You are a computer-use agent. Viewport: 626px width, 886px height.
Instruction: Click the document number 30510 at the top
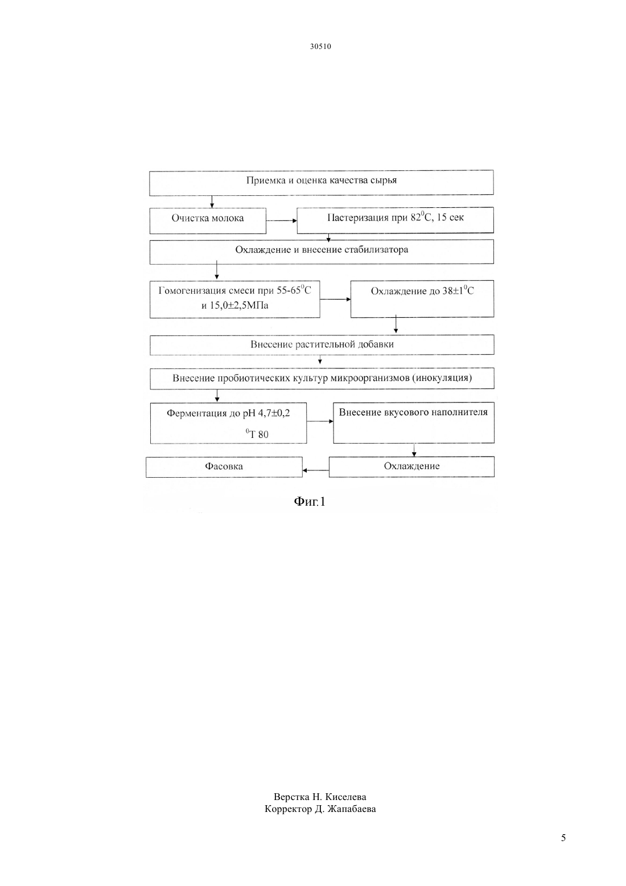pos(320,46)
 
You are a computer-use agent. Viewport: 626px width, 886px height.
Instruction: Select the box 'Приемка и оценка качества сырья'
pos(322,183)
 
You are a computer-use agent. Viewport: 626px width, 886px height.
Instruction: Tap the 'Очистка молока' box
pos(208,221)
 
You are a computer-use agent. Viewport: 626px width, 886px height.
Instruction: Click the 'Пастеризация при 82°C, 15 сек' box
pos(395,220)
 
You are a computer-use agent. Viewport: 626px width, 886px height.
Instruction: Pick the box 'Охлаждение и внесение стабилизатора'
pos(322,252)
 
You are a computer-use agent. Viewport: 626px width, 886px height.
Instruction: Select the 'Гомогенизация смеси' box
pos(234,300)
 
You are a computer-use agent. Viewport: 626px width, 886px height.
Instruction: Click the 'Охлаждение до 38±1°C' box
pos(422,299)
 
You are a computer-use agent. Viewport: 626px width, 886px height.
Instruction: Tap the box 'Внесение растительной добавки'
pos(322,345)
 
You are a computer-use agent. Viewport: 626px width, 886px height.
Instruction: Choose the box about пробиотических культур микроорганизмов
pos(322,379)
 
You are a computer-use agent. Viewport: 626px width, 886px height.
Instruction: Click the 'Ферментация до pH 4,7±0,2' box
pos(228,423)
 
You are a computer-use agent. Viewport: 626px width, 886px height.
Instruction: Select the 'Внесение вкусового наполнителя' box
pos(413,423)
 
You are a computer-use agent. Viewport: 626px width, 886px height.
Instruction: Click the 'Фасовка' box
pos(224,467)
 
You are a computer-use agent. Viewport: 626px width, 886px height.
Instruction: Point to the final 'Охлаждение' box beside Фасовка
pos(411,467)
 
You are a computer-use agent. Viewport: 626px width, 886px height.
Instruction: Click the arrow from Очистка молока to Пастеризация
pos(281,221)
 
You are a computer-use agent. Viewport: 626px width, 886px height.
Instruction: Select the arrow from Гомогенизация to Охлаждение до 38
pos(336,300)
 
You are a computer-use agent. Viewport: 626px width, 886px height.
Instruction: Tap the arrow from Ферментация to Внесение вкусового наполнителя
pos(320,421)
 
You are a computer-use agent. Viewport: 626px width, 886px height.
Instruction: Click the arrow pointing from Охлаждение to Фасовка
pos(316,470)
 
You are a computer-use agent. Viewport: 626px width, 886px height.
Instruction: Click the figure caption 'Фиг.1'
pos(310,502)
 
